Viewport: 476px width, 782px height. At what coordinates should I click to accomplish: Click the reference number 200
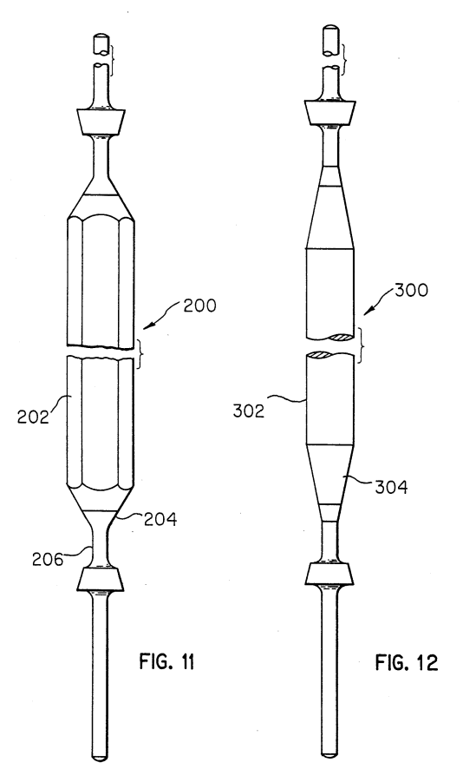[200, 306]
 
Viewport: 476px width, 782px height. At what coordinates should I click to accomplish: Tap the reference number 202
[34, 417]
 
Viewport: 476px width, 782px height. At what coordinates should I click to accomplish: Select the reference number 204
[160, 520]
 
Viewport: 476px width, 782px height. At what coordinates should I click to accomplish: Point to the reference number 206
[48, 560]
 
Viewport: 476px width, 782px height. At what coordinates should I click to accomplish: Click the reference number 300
[411, 290]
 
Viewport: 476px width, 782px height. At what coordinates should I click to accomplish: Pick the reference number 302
[249, 411]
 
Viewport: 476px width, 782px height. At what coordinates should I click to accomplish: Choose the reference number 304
[391, 487]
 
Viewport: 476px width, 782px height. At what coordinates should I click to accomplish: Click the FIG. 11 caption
[166, 662]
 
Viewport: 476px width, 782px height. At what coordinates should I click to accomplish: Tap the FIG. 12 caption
[407, 662]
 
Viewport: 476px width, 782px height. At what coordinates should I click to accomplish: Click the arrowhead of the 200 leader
[147, 326]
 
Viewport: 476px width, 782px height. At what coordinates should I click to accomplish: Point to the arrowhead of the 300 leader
[368, 312]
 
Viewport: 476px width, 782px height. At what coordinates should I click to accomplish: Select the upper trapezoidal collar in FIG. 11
[101, 121]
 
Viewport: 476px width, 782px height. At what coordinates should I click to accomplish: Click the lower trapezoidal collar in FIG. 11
[101, 580]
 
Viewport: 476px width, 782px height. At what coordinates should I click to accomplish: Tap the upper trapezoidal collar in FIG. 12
[330, 113]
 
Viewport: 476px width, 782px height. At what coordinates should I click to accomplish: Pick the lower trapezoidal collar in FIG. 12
[330, 574]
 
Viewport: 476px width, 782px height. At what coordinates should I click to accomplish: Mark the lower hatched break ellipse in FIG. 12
[319, 355]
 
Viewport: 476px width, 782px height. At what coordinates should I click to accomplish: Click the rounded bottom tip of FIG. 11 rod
[101, 758]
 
